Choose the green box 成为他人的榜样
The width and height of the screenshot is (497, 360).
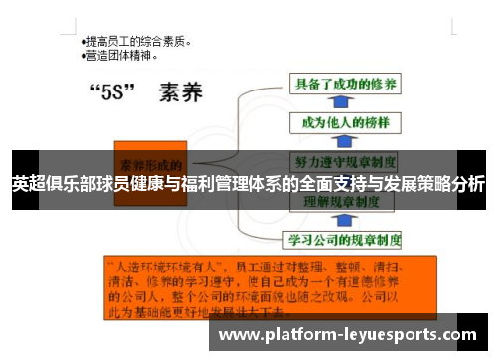[344, 122]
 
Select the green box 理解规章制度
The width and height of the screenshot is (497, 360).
[344, 200]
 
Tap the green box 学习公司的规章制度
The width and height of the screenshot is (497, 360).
[344, 240]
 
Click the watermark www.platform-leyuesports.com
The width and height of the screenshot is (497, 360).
[352, 335]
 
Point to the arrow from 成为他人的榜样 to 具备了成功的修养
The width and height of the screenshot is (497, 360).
[343, 104]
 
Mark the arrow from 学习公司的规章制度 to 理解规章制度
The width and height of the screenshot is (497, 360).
[343, 220]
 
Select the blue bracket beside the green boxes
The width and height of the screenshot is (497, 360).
[256, 159]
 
